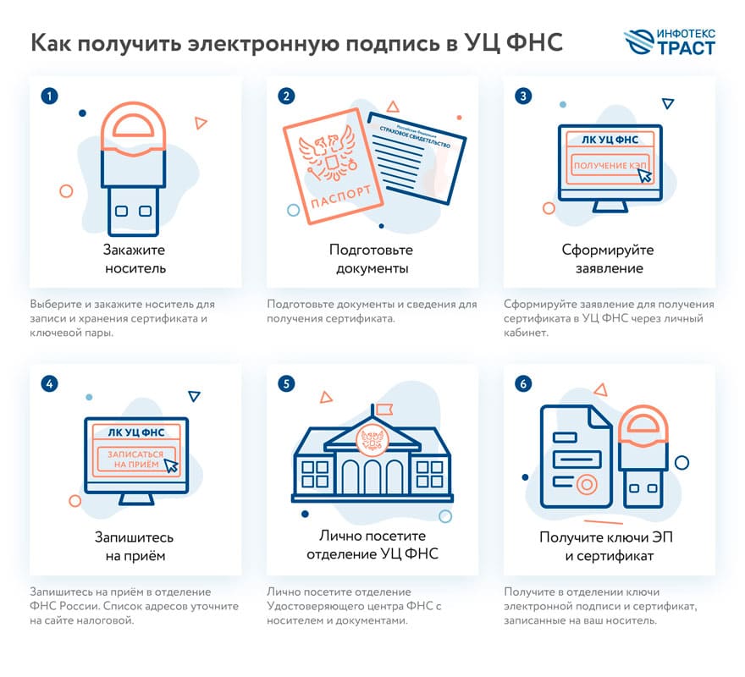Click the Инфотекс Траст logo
(x=668, y=41)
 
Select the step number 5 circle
(x=287, y=384)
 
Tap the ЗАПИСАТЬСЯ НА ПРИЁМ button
(x=136, y=459)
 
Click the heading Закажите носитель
(x=135, y=259)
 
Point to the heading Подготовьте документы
(x=371, y=259)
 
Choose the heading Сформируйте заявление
(x=608, y=259)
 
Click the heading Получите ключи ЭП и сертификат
(x=608, y=547)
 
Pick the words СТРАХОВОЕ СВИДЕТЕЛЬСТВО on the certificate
(x=415, y=135)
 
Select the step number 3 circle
(x=524, y=96)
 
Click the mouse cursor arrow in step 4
(x=171, y=465)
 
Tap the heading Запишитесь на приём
(x=135, y=547)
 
